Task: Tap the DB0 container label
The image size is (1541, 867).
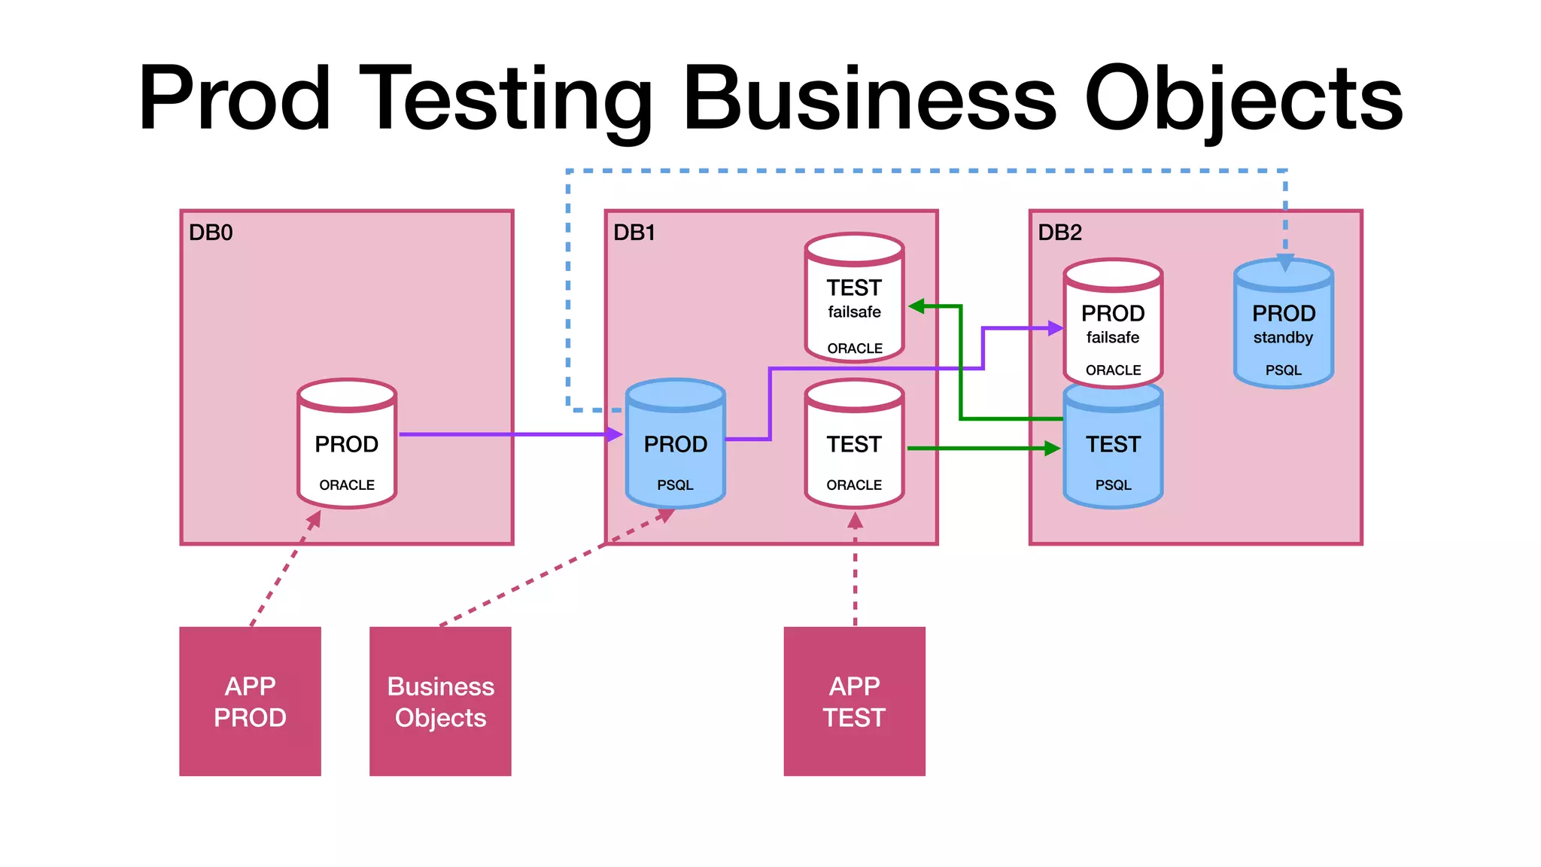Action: click(x=211, y=233)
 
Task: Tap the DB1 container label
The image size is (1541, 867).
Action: click(x=634, y=233)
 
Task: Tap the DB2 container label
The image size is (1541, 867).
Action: click(x=1059, y=233)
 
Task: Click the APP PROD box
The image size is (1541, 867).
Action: click(x=250, y=701)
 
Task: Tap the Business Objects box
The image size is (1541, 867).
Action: click(x=440, y=701)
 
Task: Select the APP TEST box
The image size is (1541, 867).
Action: click(x=854, y=701)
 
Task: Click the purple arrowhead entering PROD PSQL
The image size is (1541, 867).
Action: click(x=615, y=434)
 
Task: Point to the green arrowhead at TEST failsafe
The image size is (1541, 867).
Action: click(x=916, y=306)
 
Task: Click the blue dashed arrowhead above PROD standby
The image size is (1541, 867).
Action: click(x=1285, y=263)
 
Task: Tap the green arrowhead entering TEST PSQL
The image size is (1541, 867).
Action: click(x=1052, y=449)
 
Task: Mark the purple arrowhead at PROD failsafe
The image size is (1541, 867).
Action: click(x=1056, y=328)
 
